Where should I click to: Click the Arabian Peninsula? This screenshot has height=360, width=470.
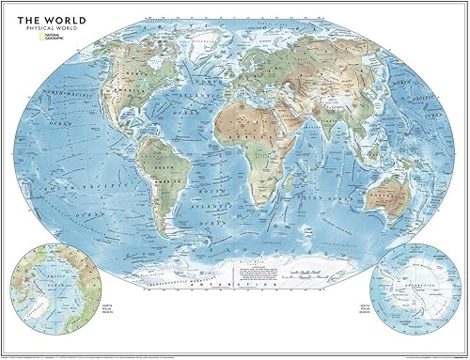[292, 126]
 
